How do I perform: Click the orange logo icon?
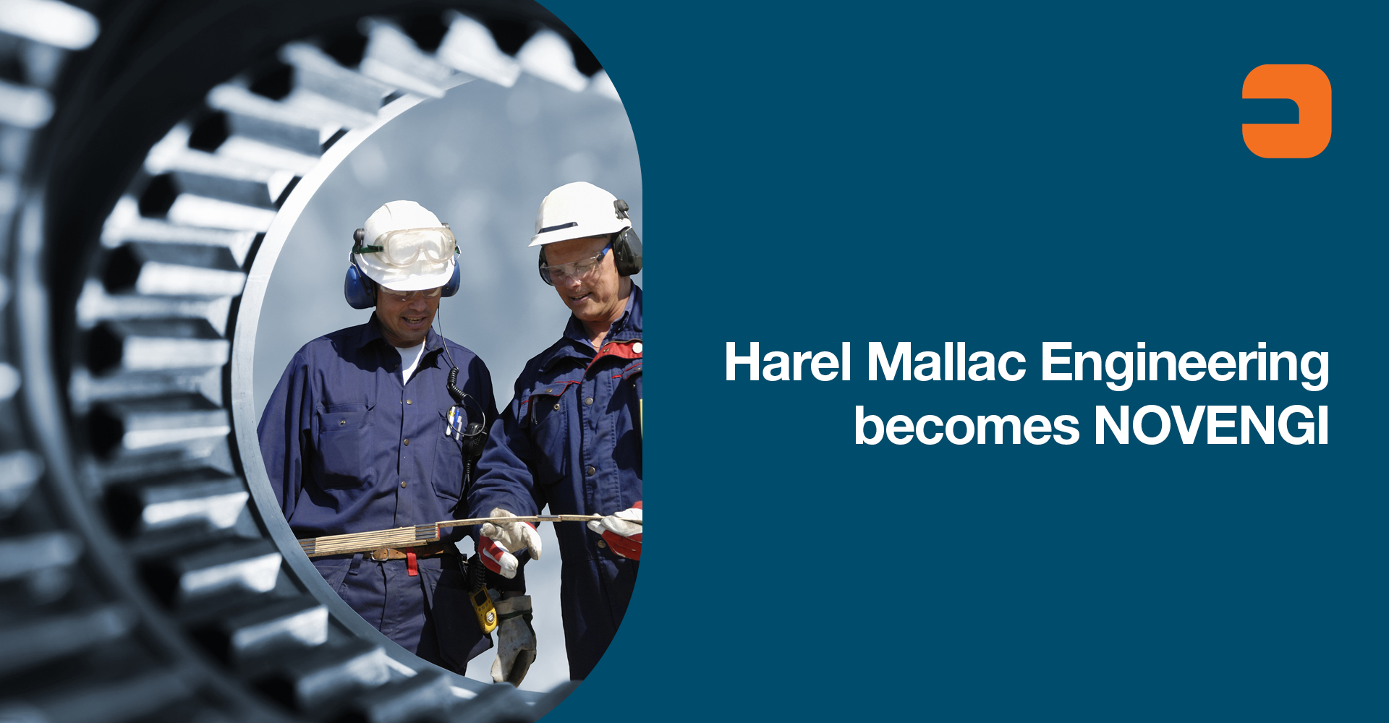click(1286, 111)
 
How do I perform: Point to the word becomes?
click(967, 426)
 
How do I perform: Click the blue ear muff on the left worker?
click(359, 286)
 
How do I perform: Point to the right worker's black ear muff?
click(626, 250)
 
